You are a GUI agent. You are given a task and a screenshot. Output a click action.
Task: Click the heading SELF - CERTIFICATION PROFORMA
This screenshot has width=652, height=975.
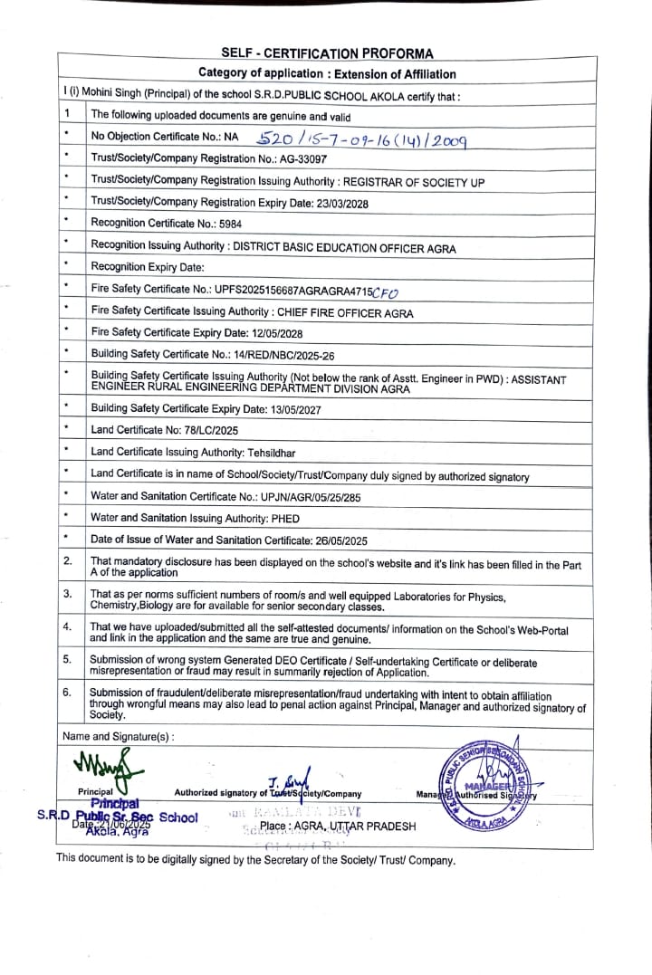click(x=327, y=53)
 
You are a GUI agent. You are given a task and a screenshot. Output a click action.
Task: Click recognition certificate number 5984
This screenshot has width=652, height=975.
click(x=230, y=225)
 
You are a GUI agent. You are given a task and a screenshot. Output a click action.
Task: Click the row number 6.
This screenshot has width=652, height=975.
click(x=67, y=693)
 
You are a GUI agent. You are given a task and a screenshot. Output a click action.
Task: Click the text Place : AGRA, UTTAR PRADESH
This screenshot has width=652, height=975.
click(x=338, y=827)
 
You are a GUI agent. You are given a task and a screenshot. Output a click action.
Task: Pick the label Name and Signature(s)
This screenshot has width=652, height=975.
click(x=118, y=737)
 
